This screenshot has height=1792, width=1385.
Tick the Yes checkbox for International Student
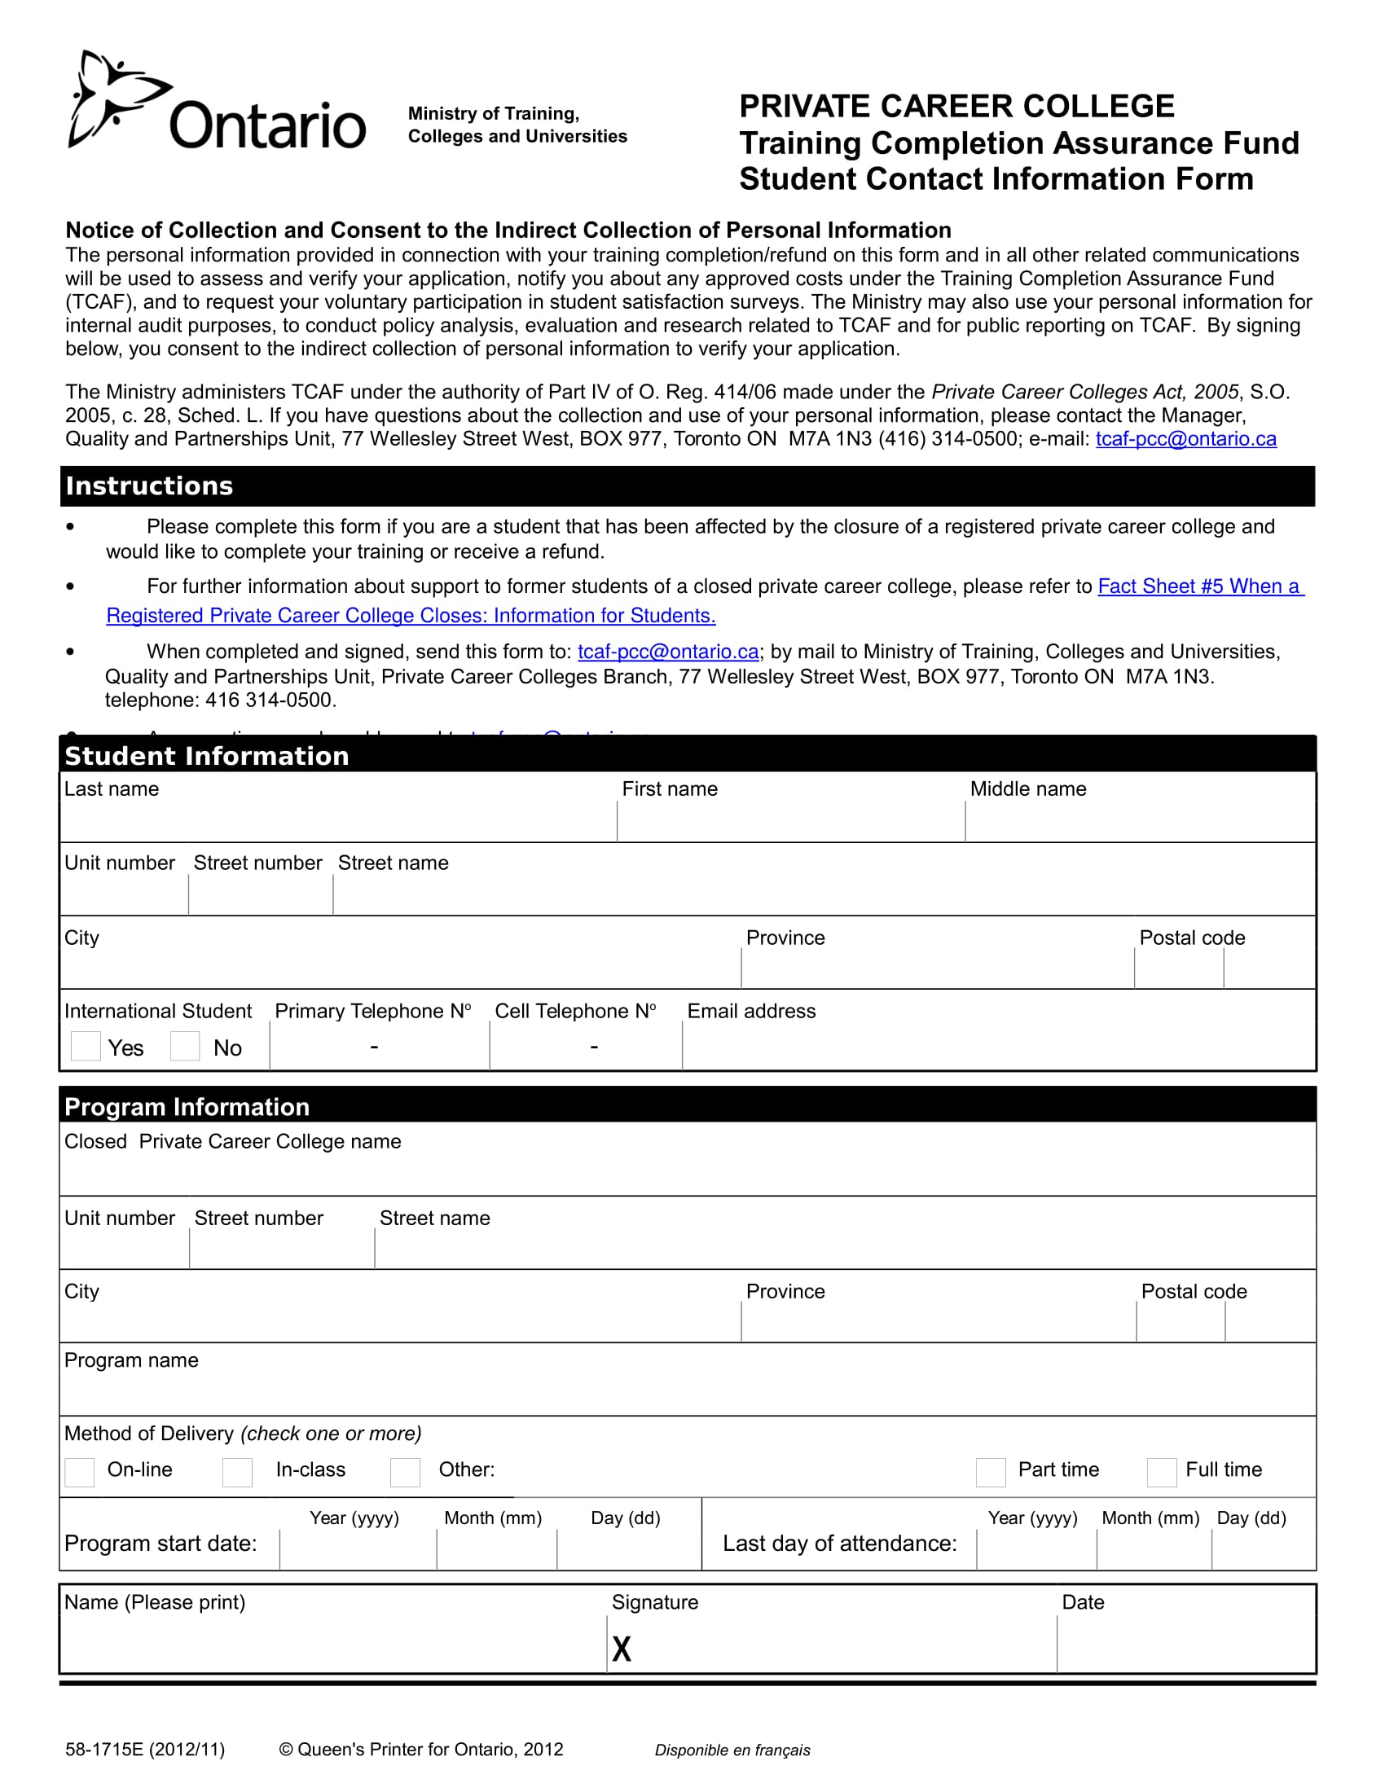[86, 1046]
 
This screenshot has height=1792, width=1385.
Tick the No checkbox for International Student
[185, 1046]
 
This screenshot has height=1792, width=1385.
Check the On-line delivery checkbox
[80, 1472]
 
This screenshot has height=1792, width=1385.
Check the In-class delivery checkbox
[237, 1472]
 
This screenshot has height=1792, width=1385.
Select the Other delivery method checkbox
[405, 1472]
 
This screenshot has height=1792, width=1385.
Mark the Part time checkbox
[991, 1472]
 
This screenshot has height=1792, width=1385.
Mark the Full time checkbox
[1161, 1472]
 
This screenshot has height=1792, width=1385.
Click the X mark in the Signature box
[622, 1649]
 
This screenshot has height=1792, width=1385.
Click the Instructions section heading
[149, 485]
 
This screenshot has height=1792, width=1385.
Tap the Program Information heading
[187, 1107]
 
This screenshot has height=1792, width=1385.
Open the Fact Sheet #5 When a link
[1199, 586]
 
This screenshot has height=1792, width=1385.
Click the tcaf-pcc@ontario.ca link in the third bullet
[668, 652]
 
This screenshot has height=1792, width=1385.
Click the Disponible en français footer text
[732, 1750]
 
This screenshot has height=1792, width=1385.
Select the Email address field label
[751, 1011]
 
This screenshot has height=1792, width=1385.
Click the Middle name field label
[1027, 788]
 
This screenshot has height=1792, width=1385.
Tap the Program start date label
[160, 1544]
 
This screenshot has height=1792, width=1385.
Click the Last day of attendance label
[839, 1544]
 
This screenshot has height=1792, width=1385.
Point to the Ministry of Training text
[493, 113]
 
